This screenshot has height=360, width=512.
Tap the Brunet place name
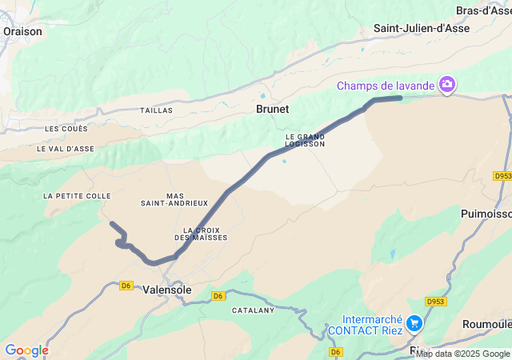(x=272, y=109)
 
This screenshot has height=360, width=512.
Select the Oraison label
(x=22, y=31)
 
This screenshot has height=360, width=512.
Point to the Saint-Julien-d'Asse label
(x=422, y=28)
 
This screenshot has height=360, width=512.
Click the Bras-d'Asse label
(x=483, y=10)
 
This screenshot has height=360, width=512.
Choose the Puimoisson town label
(x=486, y=214)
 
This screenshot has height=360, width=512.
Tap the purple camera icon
(x=447, y=84)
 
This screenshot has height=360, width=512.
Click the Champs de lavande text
(x=386, y=85)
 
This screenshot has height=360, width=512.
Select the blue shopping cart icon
(x=414, y=323)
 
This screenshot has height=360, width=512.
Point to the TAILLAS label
(x=156, y=110)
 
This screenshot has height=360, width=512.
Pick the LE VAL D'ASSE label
(x=66, y=148)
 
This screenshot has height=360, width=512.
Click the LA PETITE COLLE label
(x=78, y=196)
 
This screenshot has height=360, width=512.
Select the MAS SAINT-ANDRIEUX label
(x=186, y=199)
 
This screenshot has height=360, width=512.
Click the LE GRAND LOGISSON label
(x=306, y=141)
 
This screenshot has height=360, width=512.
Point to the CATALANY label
(x=253, y=310)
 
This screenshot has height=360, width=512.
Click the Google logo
(x=26, y=350)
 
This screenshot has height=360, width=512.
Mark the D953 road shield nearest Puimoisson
(x=502, y=176)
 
